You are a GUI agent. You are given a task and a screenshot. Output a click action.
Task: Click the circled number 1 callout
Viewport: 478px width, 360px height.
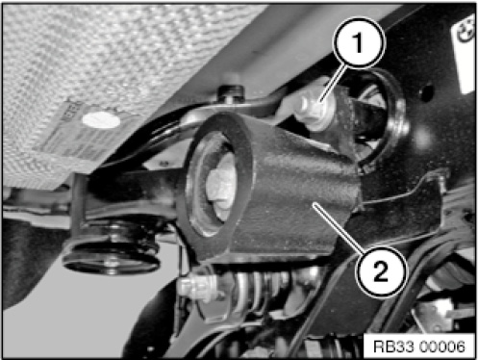[359, 43]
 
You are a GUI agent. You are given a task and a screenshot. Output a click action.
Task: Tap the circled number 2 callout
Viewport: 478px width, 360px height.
[381, 271]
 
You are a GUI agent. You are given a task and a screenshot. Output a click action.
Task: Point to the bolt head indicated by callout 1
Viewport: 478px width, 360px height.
[313, 110]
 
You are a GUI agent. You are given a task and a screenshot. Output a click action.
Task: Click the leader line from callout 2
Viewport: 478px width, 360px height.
[340, 229]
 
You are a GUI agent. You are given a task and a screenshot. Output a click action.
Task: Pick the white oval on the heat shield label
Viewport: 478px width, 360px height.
[101, 120]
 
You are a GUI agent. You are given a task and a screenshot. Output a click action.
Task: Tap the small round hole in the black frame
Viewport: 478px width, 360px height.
[426, 92]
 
